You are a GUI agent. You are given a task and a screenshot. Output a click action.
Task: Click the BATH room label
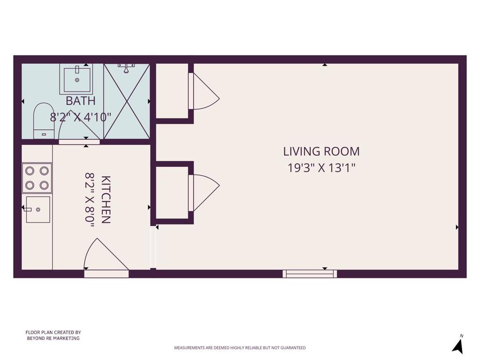tap(81, 101)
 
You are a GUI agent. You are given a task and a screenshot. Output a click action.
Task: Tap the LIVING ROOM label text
tap(321, 151)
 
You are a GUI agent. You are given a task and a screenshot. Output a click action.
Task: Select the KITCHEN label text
tap(105, 200)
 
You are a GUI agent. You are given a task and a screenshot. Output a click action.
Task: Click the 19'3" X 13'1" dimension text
tap(321, 168)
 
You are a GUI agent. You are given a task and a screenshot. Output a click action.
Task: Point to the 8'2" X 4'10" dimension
tap(81, 117)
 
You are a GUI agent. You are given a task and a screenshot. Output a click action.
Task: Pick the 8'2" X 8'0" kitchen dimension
tap(90, 200)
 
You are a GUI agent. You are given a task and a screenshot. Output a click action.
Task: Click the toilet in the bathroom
tap(44, 121)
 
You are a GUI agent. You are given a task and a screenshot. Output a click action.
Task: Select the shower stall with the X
tap(127, 101)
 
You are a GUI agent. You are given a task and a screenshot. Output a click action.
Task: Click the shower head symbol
tap(126, 68)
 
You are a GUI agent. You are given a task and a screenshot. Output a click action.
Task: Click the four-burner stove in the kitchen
tap(37, 178)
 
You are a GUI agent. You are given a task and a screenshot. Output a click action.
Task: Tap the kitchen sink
tap(37, 210)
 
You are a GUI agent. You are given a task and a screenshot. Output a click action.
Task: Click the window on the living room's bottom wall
tap(309, 274)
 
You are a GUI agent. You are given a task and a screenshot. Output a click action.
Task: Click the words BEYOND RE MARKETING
tap(53, 338)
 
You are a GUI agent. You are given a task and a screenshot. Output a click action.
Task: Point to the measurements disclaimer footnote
tap(240, 348)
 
